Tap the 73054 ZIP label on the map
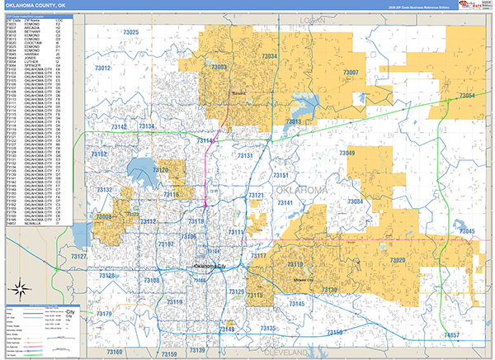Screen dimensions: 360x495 [464, 97]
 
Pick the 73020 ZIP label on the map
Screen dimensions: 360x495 [397, 261]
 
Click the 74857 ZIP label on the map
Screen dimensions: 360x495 [451, 335]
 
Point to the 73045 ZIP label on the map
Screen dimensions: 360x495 [464, 231]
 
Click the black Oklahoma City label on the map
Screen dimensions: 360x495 [209, 267]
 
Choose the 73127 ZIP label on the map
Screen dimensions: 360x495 [80, 258]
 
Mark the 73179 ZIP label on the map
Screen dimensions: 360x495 [105, 314]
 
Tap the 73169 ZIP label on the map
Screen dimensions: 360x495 [113, 352]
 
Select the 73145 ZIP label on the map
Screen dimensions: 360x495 [296, 305]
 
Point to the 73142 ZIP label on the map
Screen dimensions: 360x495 [119, 127]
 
